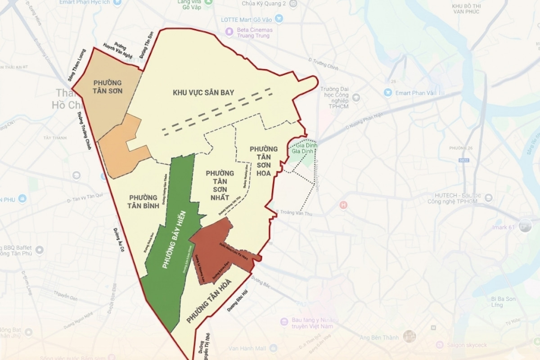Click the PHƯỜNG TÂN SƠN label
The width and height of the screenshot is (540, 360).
(108, 87)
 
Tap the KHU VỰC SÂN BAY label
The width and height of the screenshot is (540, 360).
(203, 93)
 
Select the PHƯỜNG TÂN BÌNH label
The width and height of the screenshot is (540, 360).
(143, 202)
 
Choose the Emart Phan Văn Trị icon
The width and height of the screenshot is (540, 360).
(388, 93)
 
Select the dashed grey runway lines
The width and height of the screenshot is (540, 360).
(218, 112)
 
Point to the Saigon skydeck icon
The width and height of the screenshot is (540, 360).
(440, 345)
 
